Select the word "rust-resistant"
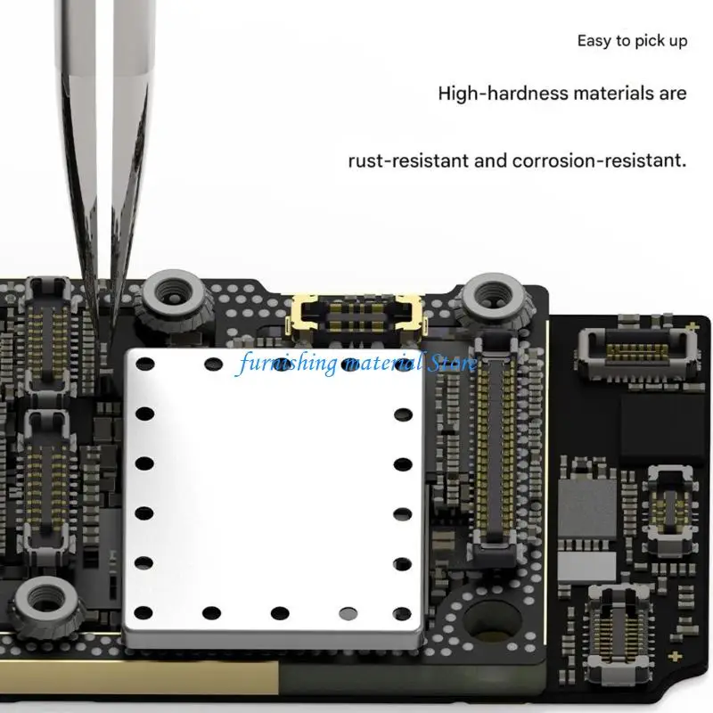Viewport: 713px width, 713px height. (x=409, y=160)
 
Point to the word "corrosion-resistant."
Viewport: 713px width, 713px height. (x=599, y=160)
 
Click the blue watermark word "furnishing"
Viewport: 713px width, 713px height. (x=288, y=364)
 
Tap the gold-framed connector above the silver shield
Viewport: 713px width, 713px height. (x=356, y=317)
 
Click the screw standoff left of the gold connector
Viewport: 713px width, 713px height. (x=174, y=297)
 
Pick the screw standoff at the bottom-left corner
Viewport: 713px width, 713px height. (x=46, y=602)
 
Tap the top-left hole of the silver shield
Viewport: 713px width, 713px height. (x=145, y=364)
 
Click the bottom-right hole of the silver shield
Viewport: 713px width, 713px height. (x=402, y=613)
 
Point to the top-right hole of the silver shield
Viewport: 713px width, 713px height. (x=403, y=365)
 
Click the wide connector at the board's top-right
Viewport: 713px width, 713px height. (x=637, y=352)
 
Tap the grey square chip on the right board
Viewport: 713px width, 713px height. (x=586, y=508)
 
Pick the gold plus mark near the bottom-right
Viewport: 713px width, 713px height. (x=676, y=656)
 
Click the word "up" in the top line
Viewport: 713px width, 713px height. (x=677, y=42)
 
